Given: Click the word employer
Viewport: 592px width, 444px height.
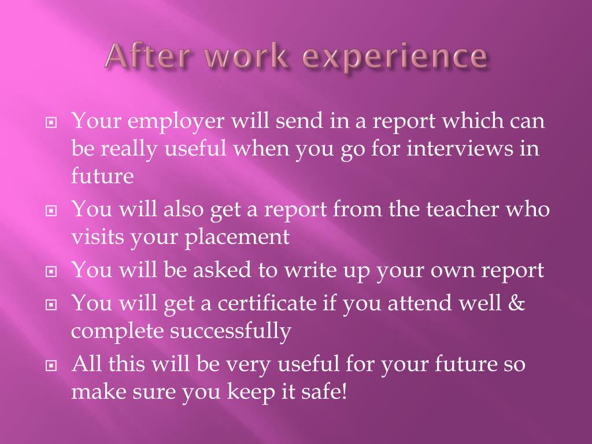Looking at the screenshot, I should click(177, 123).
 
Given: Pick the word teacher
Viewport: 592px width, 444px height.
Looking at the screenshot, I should click(465, 209).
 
